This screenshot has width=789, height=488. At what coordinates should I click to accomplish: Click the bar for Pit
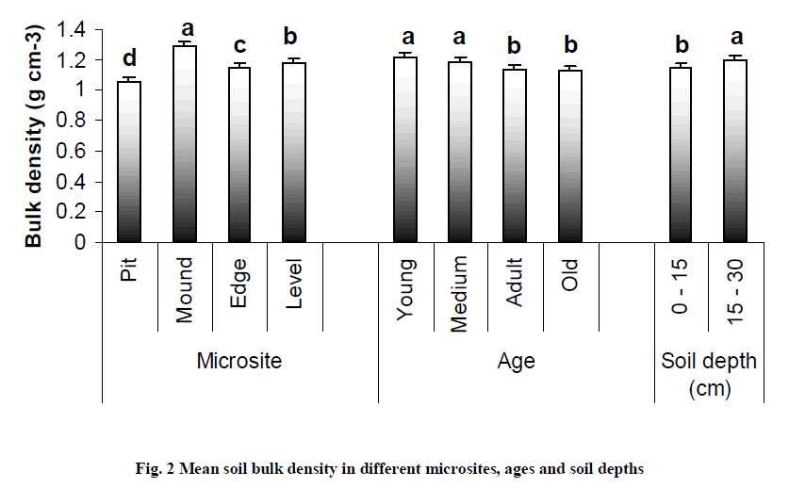point(128,162)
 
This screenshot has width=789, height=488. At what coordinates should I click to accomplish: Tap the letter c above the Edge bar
point(239,47)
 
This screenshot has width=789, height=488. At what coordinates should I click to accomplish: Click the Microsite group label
point(239,360)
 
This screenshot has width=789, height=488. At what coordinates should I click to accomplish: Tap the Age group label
point(516,360)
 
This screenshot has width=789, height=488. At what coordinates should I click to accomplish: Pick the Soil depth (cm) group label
point(709,372)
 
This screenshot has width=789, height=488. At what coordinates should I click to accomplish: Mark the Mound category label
point(185,290)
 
